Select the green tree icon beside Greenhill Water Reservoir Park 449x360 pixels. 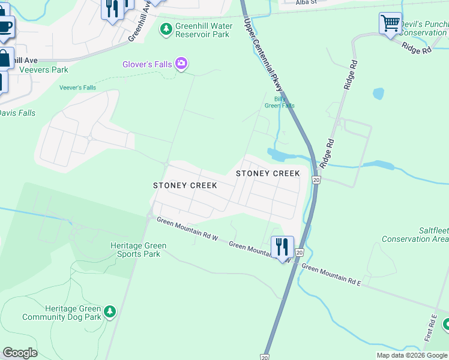(166, 28)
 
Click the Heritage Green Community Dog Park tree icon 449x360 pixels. (109, 311)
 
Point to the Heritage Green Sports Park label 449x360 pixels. (138, 250)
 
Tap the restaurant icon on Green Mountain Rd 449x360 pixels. (282, 247)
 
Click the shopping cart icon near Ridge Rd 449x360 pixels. (390, 23)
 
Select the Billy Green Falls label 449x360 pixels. (280, 101)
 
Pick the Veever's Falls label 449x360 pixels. (77, 88)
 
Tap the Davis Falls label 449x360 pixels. (17, 113)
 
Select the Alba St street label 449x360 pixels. (306, 2)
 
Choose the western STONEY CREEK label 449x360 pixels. (184, 185)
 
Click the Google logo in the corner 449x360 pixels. (20, 353)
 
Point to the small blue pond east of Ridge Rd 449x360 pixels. (378, 94)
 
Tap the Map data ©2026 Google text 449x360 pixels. (412, 355)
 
